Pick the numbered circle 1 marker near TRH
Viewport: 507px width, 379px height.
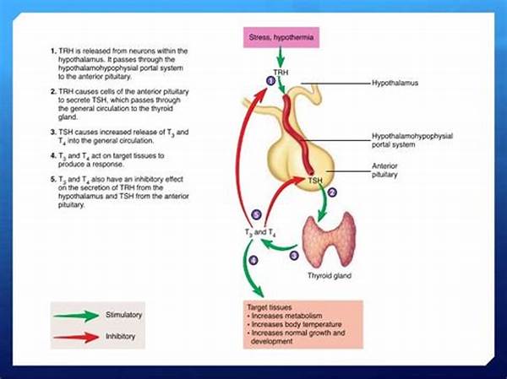click(x=270, y=80)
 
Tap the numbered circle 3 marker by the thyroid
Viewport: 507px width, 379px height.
click(x=293, y=254)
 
